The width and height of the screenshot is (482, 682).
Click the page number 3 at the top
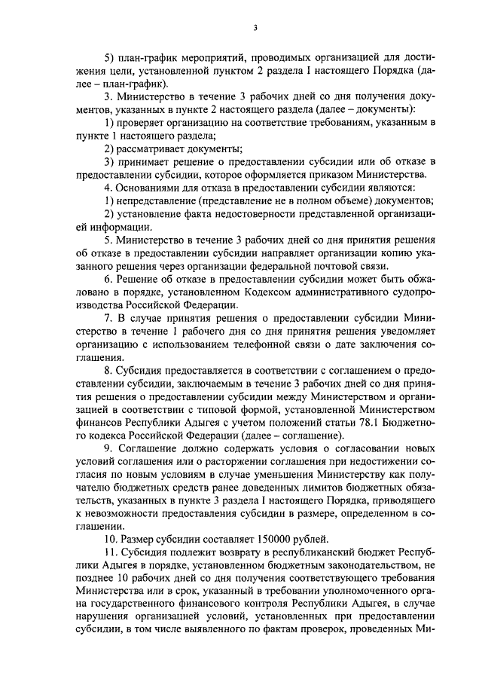click(x=255, y=28)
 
